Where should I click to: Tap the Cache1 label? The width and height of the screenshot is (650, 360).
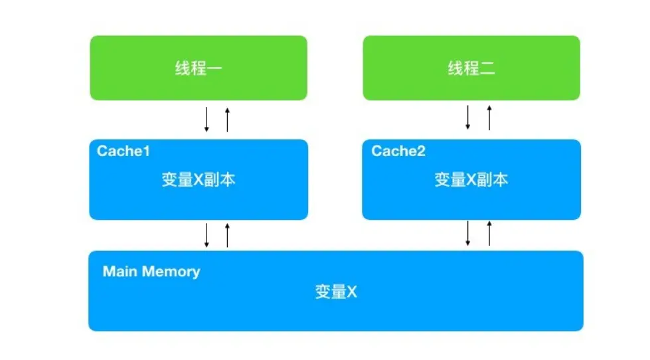[123, 151]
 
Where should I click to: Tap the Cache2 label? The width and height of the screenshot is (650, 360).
[398, 151]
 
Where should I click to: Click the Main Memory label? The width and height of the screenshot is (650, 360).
[151, 271]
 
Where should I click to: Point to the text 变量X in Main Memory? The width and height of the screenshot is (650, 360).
[336, 292]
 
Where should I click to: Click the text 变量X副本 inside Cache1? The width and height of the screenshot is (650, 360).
[199, 180]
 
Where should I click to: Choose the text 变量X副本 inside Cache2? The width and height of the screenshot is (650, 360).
[471, 180]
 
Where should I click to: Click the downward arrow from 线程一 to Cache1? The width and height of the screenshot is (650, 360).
[206, 118]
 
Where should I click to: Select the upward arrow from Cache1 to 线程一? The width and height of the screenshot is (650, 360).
[227, 118]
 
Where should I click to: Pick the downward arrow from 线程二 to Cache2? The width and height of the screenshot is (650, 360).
[468, 117]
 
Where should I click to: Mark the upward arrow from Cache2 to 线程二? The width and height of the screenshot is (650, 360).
[489, 117]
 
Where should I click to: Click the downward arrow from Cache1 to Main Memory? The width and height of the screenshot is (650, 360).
[206, 235]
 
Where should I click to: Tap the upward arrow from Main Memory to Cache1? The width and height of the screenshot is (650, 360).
[227, 235]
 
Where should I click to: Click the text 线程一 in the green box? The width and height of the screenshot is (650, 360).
[199, 68]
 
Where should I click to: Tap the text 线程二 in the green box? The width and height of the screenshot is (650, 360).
[471, 68]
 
